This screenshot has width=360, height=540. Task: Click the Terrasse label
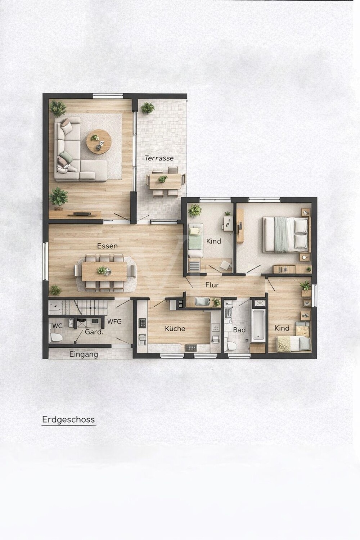(159, 158)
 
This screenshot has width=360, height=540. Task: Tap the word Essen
(107, 246)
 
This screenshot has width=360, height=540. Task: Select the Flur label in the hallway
(212, 285)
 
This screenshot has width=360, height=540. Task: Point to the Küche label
(175, 328)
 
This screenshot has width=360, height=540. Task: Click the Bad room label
(239, 330)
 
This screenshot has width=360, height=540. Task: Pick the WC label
(57, 326)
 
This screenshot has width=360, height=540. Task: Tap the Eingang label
(84, 354)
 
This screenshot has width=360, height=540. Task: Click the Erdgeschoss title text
(68, 420)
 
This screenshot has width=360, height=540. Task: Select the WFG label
(114, 321)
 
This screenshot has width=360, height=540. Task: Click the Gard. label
(94, 332)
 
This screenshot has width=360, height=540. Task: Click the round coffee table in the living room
(99, 141)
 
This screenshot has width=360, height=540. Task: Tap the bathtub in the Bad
(258, 325)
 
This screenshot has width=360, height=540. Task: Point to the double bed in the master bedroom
(286, 234)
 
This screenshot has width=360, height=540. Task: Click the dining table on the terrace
(165, 181)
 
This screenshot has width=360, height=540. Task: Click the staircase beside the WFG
(78, 307)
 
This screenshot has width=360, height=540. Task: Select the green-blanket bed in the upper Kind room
(195, 240)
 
